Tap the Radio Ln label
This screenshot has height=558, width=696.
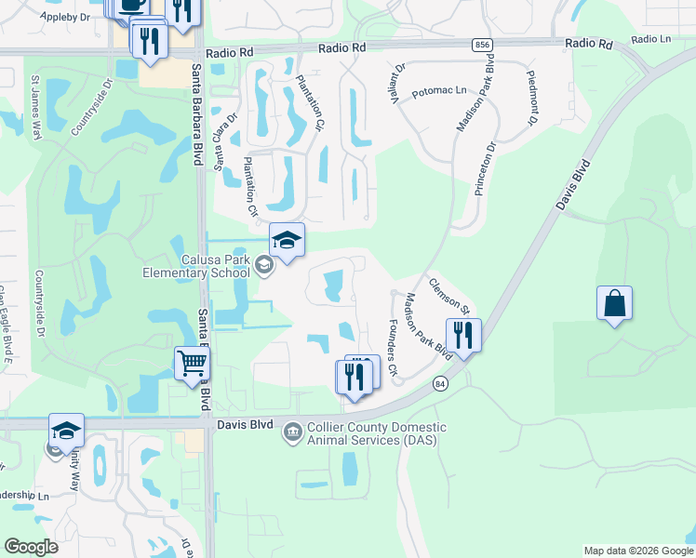click(650, 40)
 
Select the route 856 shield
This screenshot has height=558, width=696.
click(482, 45)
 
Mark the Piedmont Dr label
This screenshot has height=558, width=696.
click(532, 97)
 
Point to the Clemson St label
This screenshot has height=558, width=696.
click(450, 294)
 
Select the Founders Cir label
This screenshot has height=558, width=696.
click(392, 348)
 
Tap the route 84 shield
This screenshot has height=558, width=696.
click(440, 383)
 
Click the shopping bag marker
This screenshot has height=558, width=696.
click(614, 303)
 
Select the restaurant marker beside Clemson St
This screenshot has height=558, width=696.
click(463, 335)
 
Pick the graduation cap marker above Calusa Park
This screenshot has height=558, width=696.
click(287, 240)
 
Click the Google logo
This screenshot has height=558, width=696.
click(31, 547)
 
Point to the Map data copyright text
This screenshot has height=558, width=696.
click(637, 551)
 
